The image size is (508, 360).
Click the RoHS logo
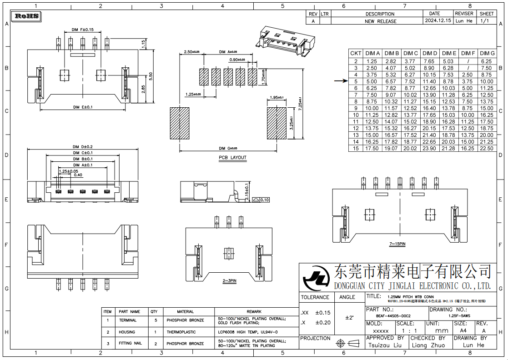point(27,16)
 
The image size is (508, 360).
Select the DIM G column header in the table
point(487,53)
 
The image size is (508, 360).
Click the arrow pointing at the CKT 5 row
point(340,81)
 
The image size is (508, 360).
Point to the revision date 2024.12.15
point(438,21)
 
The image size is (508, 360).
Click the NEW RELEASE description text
point(380,21)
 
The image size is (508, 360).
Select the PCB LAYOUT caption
point(232,158)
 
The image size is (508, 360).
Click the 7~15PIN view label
point(397,244)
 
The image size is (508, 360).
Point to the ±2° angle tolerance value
point(349,317)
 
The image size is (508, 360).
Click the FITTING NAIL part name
point(129,343)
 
